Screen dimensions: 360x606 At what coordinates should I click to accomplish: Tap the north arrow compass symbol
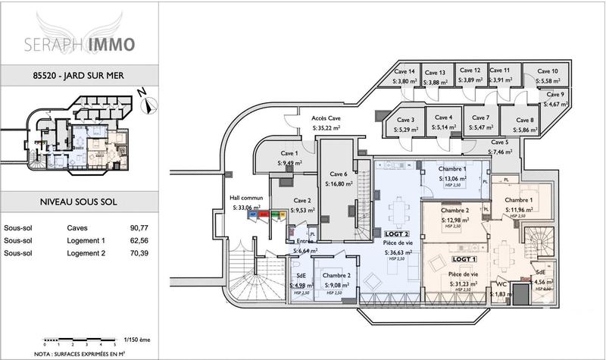tap(148, 104)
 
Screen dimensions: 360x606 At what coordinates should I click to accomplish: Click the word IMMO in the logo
tap(112, 44)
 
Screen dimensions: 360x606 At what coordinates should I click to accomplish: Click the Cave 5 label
tap(499, 142)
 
